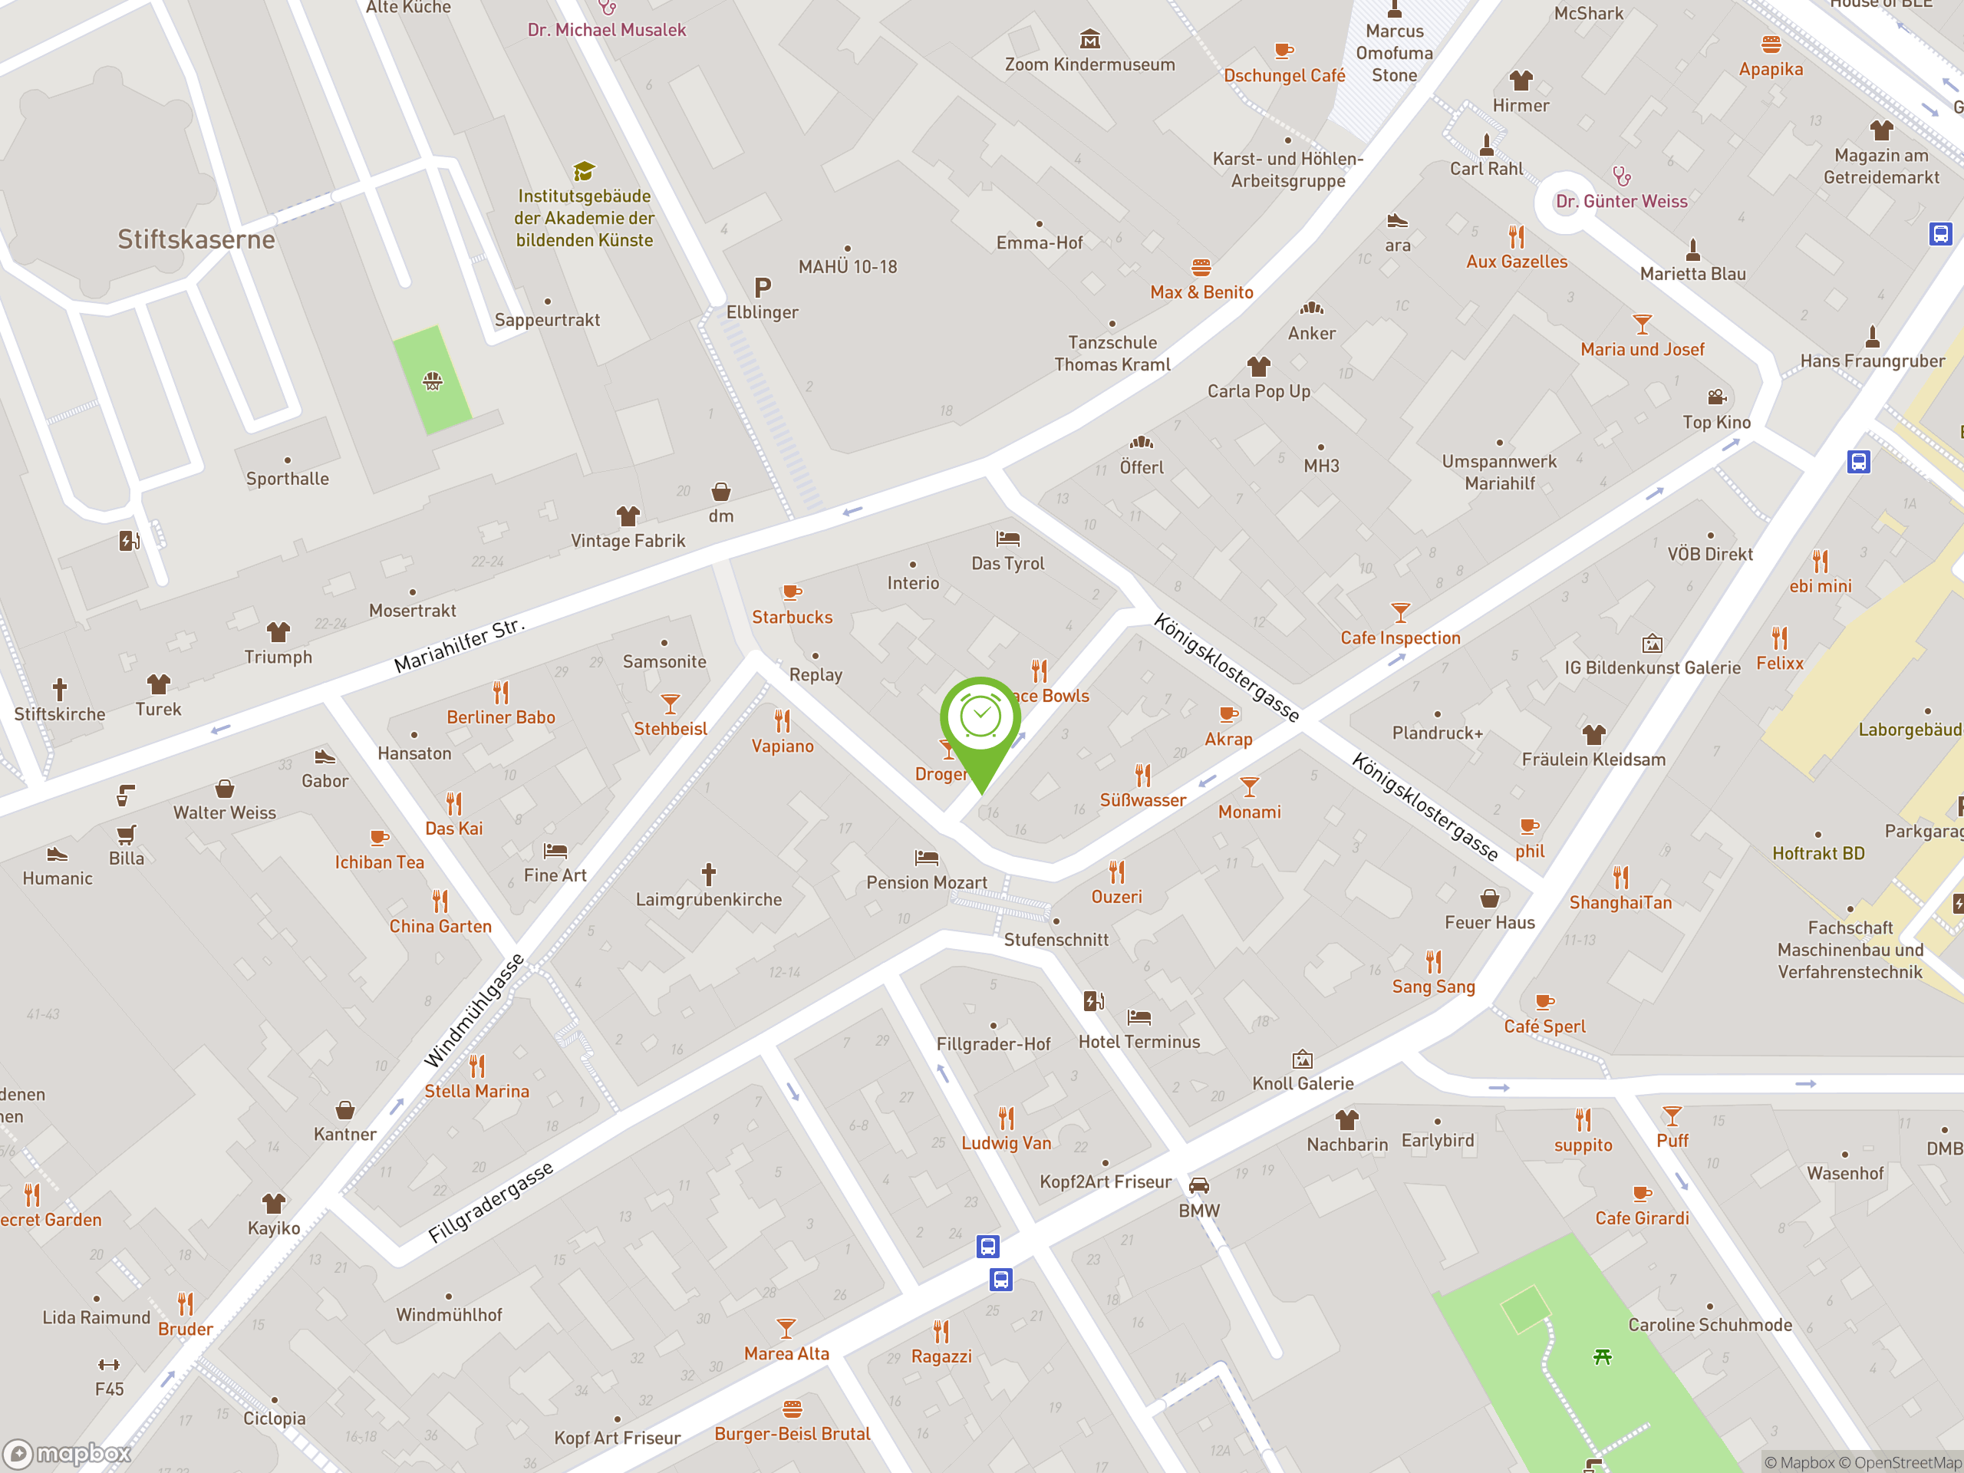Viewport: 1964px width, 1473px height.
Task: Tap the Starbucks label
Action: (x=792, y=617)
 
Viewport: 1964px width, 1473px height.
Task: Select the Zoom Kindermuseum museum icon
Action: (x=1089, y=39)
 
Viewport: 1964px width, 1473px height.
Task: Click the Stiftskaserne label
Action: (x=196, y=239)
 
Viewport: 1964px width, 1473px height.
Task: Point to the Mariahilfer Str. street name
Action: (x=459, y=644)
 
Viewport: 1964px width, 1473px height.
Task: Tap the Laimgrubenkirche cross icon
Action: (x=709, y=875)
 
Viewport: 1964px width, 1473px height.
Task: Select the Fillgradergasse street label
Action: (x=491, y=1202)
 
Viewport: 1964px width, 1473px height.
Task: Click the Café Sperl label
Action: (x=1544, y=1026)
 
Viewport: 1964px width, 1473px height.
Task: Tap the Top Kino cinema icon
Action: (x=1716, y=397)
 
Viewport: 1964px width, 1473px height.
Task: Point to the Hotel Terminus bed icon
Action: (x=1139, y=1017)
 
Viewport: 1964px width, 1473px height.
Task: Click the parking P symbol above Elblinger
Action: (x=762, y=288)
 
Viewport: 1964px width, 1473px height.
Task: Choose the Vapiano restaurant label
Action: (x=783, y=746)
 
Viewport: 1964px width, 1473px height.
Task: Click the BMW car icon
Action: (x=1198, y=1185)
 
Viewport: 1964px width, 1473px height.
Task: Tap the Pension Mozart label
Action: (x=926, y=882)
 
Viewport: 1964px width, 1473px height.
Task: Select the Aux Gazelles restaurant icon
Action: (x=1517, y=237)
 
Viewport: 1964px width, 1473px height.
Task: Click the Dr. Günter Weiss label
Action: (x=1621, y=202)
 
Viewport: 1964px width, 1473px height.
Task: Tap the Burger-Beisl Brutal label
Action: (x=792, y=1434)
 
